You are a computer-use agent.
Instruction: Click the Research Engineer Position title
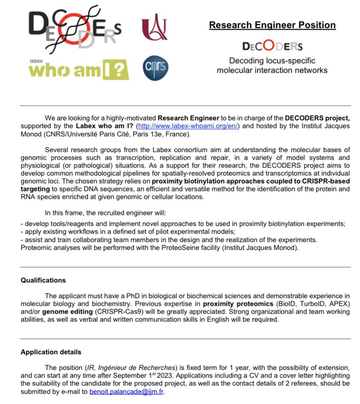pyautogui.click(x=272, y=25)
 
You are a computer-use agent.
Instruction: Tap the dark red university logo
pyautogui.click(x=154, y=27)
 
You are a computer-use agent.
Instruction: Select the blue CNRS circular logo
pyautogui.click(x=155, y=68)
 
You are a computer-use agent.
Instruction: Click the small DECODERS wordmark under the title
pyautogui.click(x=272, y=46)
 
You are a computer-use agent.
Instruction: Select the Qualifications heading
pyautogui.click(x=43, y=280)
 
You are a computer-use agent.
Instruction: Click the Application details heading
pyautogui.click(x=50, y=352)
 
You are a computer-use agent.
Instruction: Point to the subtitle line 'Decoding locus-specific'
pyautogui.click(x=272, y=60)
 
